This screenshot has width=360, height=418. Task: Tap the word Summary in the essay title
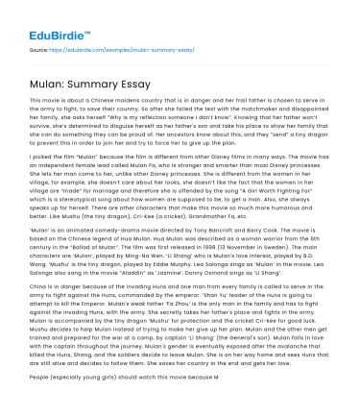pos(85,78)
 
